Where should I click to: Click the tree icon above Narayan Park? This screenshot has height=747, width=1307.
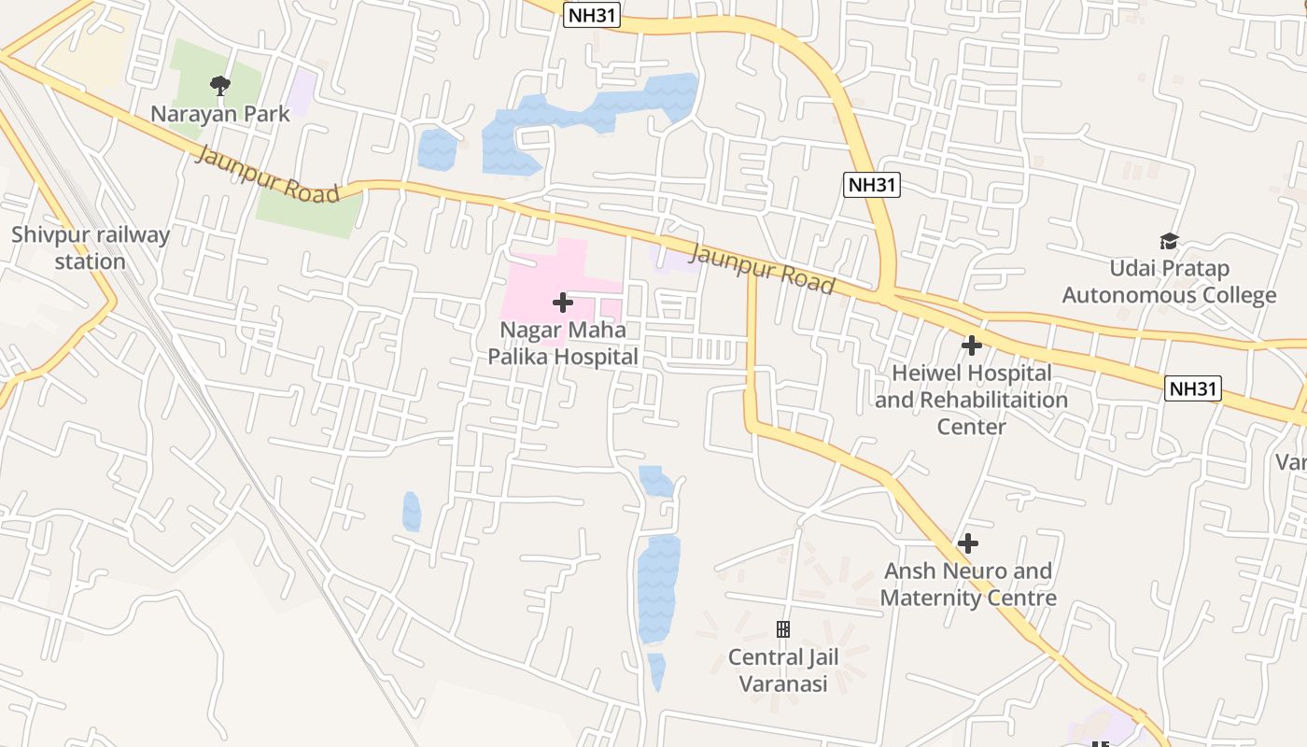click(219, 87)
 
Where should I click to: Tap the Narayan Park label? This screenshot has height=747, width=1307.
click(221, 114)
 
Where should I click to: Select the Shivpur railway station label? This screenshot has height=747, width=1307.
click(90, 247)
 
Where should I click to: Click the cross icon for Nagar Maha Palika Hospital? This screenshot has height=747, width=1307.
click(562, 303)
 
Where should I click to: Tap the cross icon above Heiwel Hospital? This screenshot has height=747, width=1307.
click(971, 345)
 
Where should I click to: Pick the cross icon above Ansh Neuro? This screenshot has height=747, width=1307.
click(968, 543)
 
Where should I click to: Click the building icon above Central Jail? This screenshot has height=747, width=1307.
click(783, 629)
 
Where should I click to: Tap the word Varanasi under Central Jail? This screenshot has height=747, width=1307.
click(783, 684)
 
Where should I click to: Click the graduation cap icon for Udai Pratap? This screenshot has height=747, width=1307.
click(1169, 242)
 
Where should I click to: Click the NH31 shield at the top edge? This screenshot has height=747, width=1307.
click(592, 15)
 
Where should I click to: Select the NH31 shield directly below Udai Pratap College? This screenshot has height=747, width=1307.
click(1193, 388)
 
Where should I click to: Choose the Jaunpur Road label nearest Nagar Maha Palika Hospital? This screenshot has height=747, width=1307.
click(761, 268)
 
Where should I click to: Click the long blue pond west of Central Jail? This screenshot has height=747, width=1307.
click(657, 588)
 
